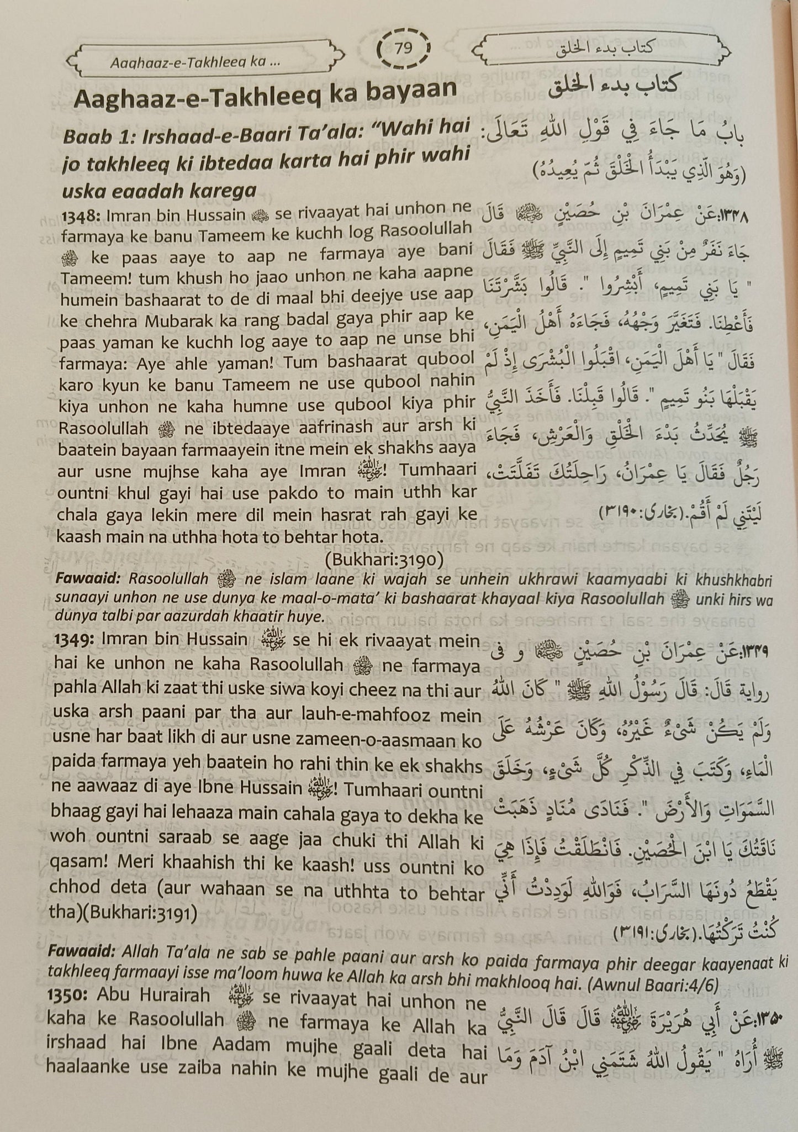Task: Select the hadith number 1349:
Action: pos(76,640)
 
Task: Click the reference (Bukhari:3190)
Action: pos(384,560)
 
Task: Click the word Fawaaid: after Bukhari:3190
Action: pos(89,580)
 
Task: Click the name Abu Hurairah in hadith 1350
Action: pos(153,995)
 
